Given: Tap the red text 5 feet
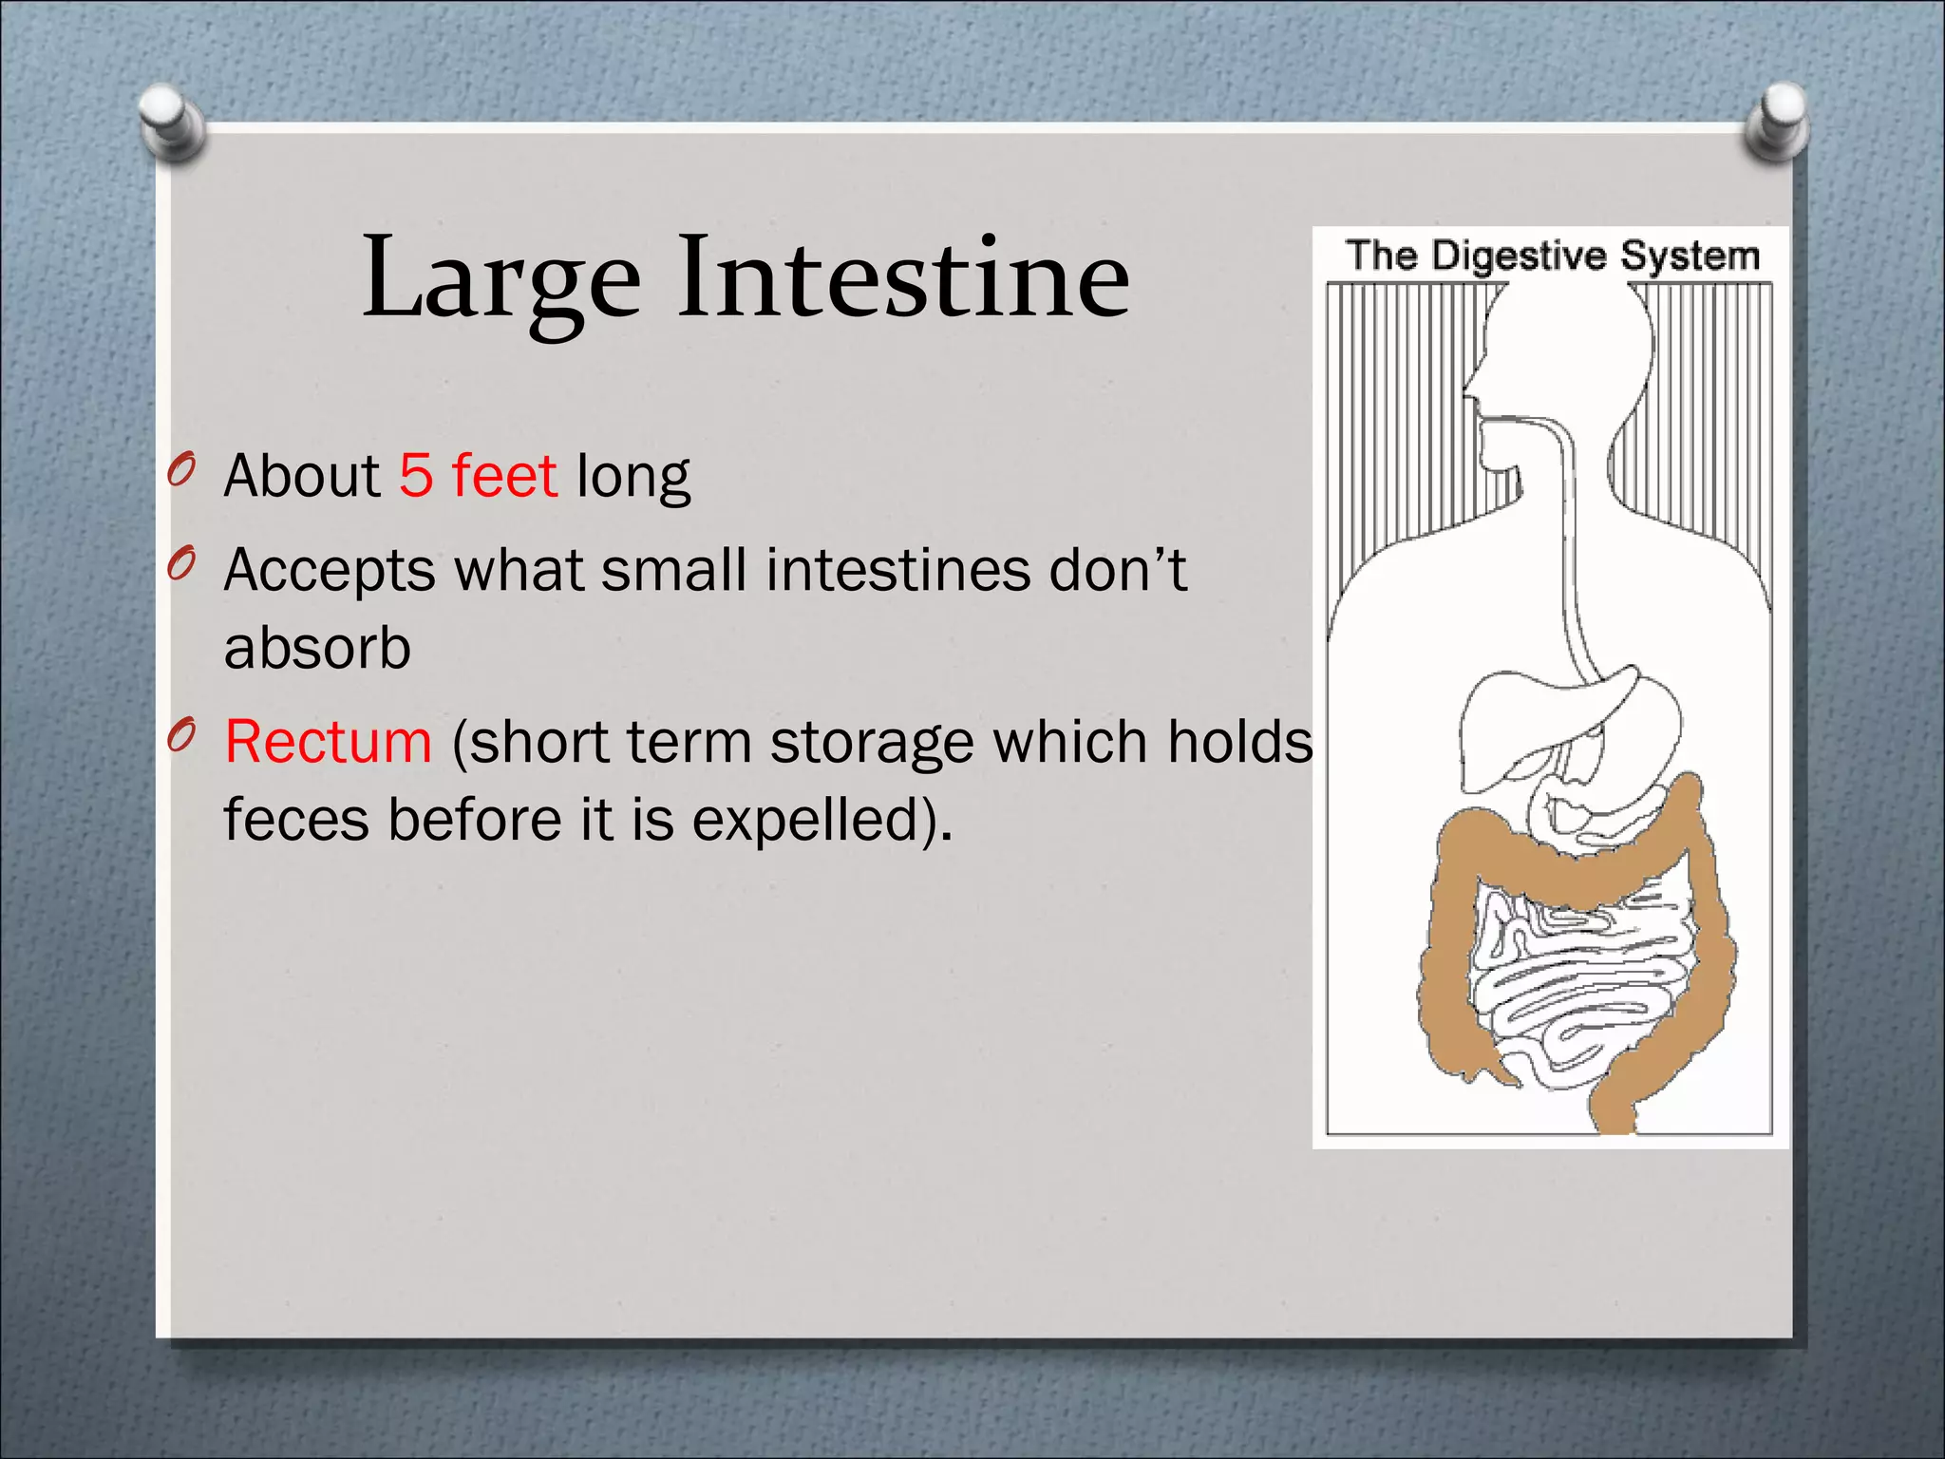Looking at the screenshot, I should (477, 476).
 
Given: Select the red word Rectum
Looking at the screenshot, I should (329, 742).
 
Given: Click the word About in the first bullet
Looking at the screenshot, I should (301, 476).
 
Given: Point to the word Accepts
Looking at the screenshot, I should (329, 572).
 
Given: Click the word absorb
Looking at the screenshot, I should (317, 649).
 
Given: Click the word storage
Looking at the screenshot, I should (871, 744).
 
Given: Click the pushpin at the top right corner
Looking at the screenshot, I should (1777, 122).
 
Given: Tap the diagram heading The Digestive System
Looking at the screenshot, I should (1552, 256).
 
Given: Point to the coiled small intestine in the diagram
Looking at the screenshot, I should (1577, 978).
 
